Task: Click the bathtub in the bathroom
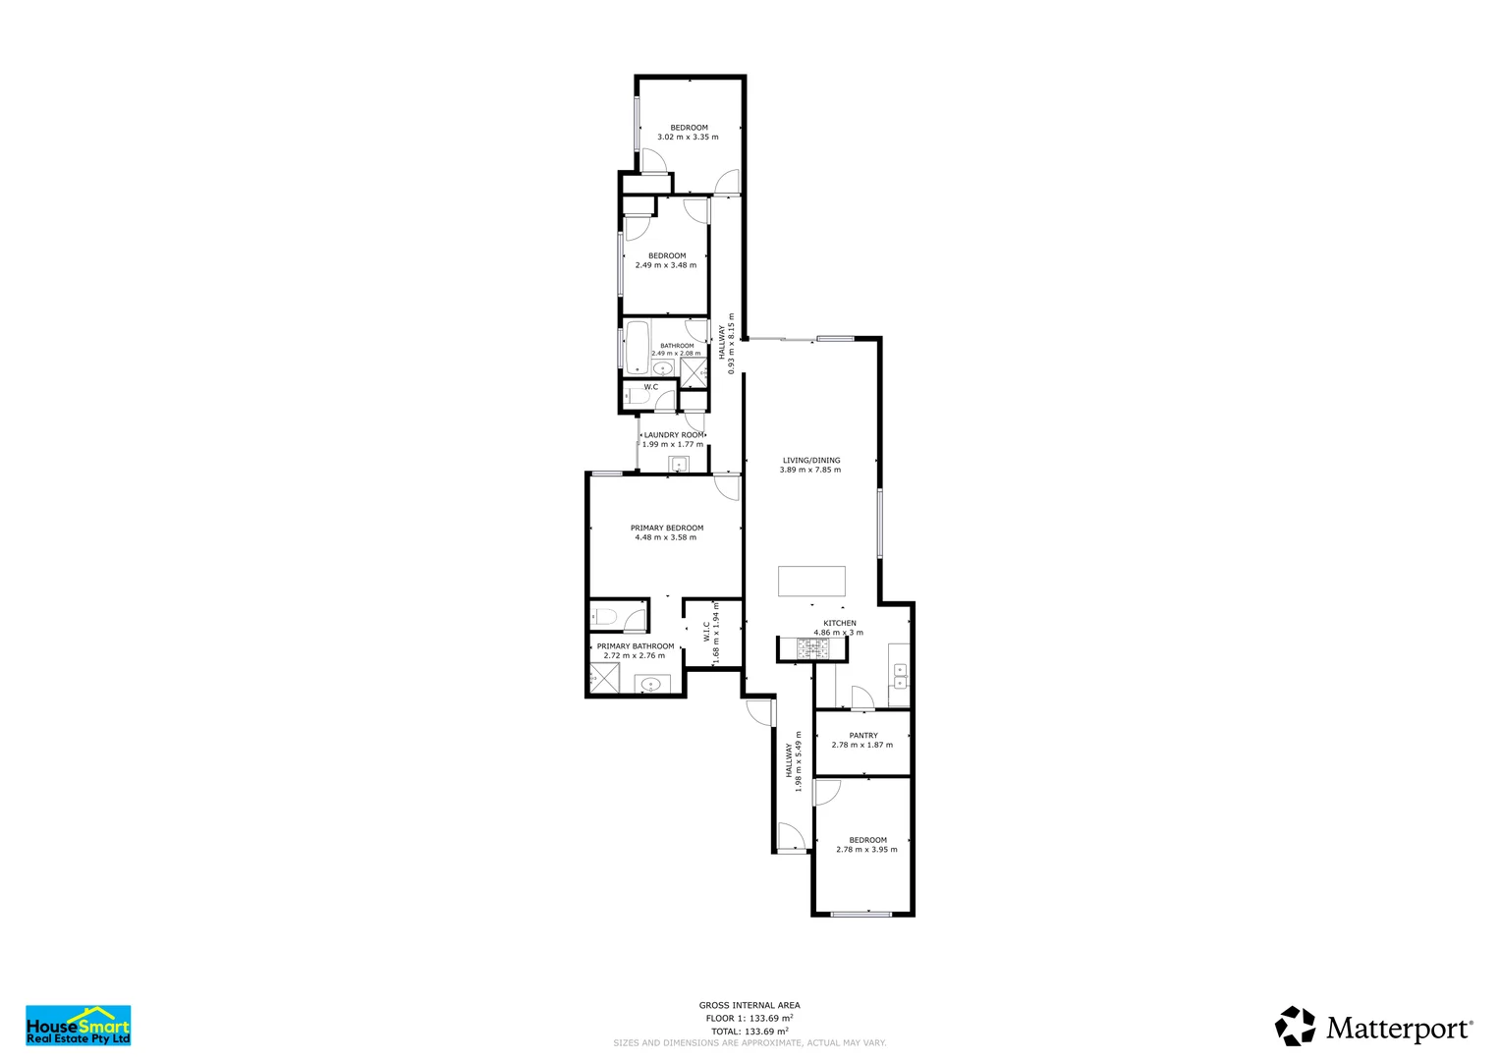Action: [x=638, y=348]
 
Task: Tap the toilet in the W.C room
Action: [x=637, y=397]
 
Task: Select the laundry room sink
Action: [x=679, y=464]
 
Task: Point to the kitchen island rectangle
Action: [x=811, y=581]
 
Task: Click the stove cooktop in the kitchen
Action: [x=812, y=647]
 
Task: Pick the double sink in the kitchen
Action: [x=901, y=677]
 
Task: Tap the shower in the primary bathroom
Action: [x=604, y=679]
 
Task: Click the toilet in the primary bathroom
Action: [x=604, y=616]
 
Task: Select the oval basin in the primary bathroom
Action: [x=651, y=685]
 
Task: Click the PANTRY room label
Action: [x=863, y=736]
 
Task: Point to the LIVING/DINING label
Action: [x=811, y=460]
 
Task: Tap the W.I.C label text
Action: [x=706, y=632]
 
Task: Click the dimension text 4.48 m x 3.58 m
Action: [x=666, y=537]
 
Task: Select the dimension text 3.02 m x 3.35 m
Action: [x=688, y=137]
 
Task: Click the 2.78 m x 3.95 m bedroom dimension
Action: [x=866, y=850]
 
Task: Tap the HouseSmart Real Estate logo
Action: [x=79, y=1025]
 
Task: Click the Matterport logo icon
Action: [x=1295, y=1026]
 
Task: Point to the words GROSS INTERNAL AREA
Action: [x=750, y=1005]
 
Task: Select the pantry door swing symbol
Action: [x=862, y=698]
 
